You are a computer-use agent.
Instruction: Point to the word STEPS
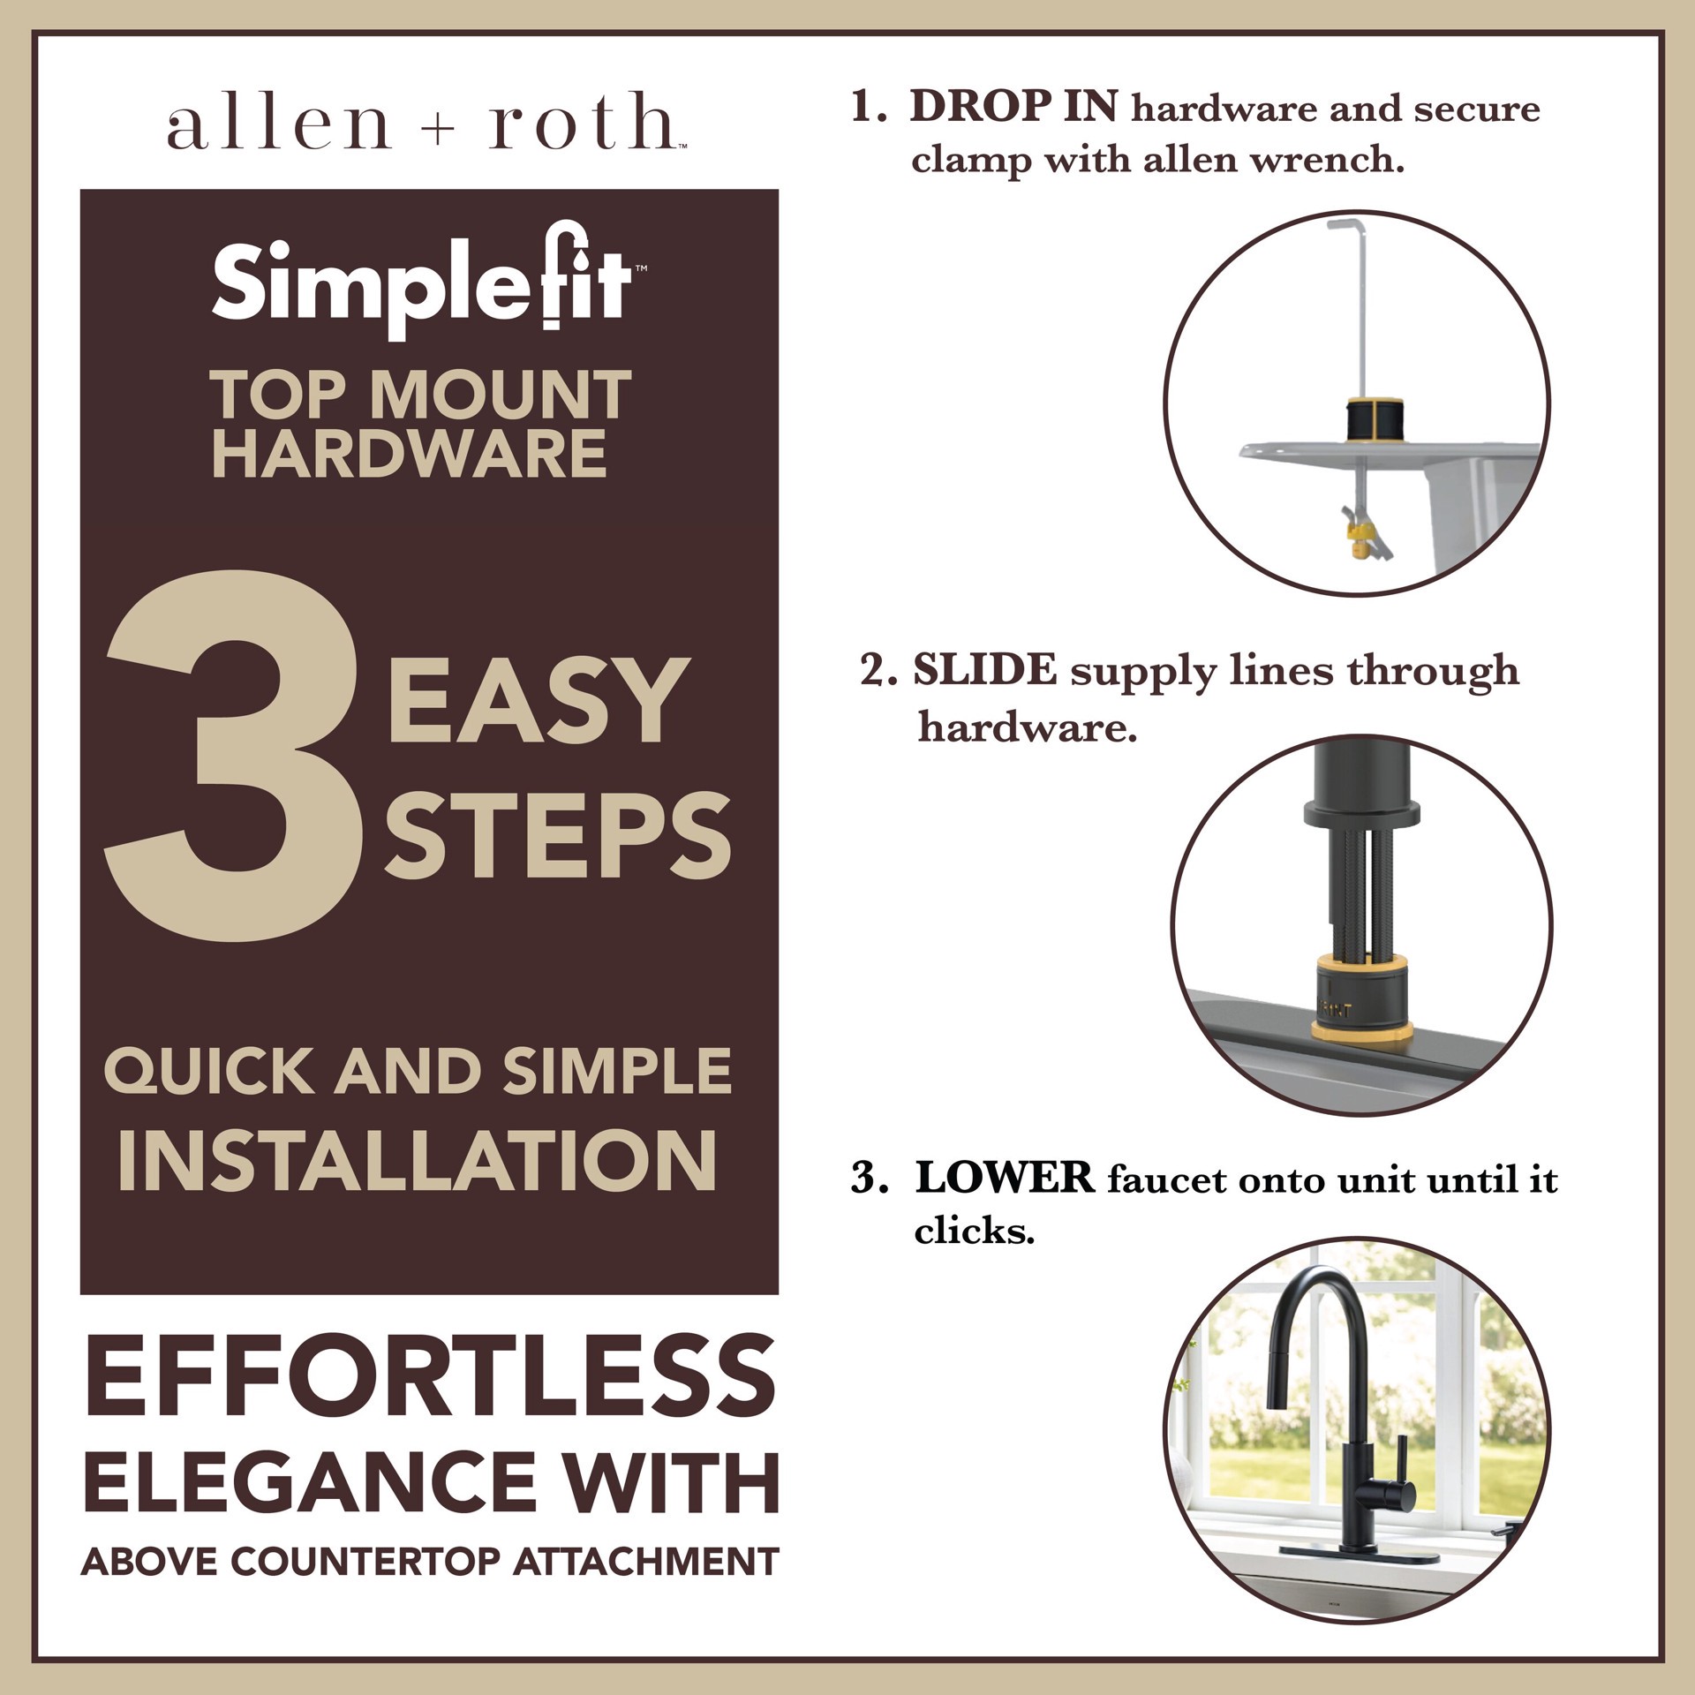coord(557,836)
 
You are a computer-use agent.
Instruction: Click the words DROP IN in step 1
coord(1013,108)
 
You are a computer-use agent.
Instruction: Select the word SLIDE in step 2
coord(984,670)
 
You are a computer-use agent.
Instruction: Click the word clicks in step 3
coord(974,1231)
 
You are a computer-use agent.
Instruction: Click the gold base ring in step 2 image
coord(1360,1029)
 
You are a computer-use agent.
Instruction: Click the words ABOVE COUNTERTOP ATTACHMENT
coord(430,1562)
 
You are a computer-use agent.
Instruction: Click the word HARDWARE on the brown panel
coord(410,454)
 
